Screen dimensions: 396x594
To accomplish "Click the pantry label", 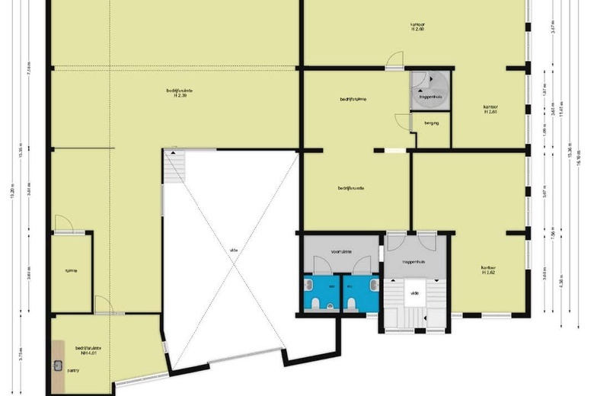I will [x=72, y=371].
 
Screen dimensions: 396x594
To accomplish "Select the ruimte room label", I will [x=71, y=270].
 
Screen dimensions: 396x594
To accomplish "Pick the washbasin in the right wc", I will [x=374, y=284].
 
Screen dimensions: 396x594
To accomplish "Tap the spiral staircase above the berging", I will [x=430, y=90].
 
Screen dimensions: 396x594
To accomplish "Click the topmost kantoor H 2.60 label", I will [x=416, y=27].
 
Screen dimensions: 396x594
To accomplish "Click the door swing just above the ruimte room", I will [x=63, y=223].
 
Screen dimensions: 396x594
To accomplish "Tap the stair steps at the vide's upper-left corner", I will [x=174, y=165].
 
